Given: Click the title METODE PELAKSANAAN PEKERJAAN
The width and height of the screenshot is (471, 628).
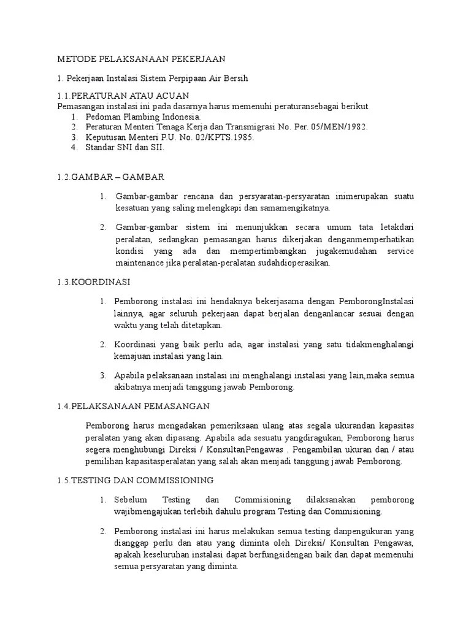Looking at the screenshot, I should (x=142, y=59).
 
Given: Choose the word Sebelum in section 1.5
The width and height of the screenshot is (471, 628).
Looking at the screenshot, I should (x=131, y=499).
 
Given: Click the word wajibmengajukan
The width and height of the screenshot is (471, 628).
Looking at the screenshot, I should (x=148, y=511).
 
